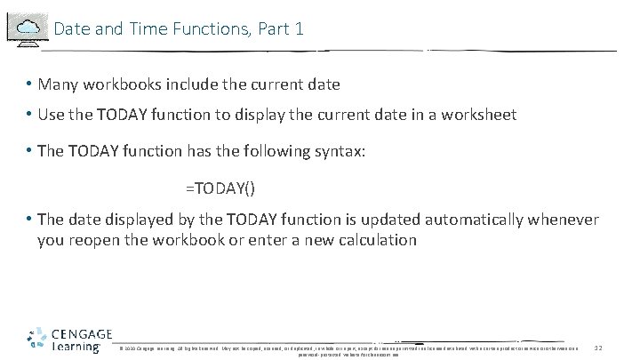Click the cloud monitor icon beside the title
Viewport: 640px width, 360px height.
point(28,28)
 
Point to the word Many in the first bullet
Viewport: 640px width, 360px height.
point(58,84)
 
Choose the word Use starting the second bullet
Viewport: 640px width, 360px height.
point(51,116)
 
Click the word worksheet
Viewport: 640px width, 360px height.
point(478,116)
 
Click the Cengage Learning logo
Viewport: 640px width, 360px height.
point(68,339)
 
